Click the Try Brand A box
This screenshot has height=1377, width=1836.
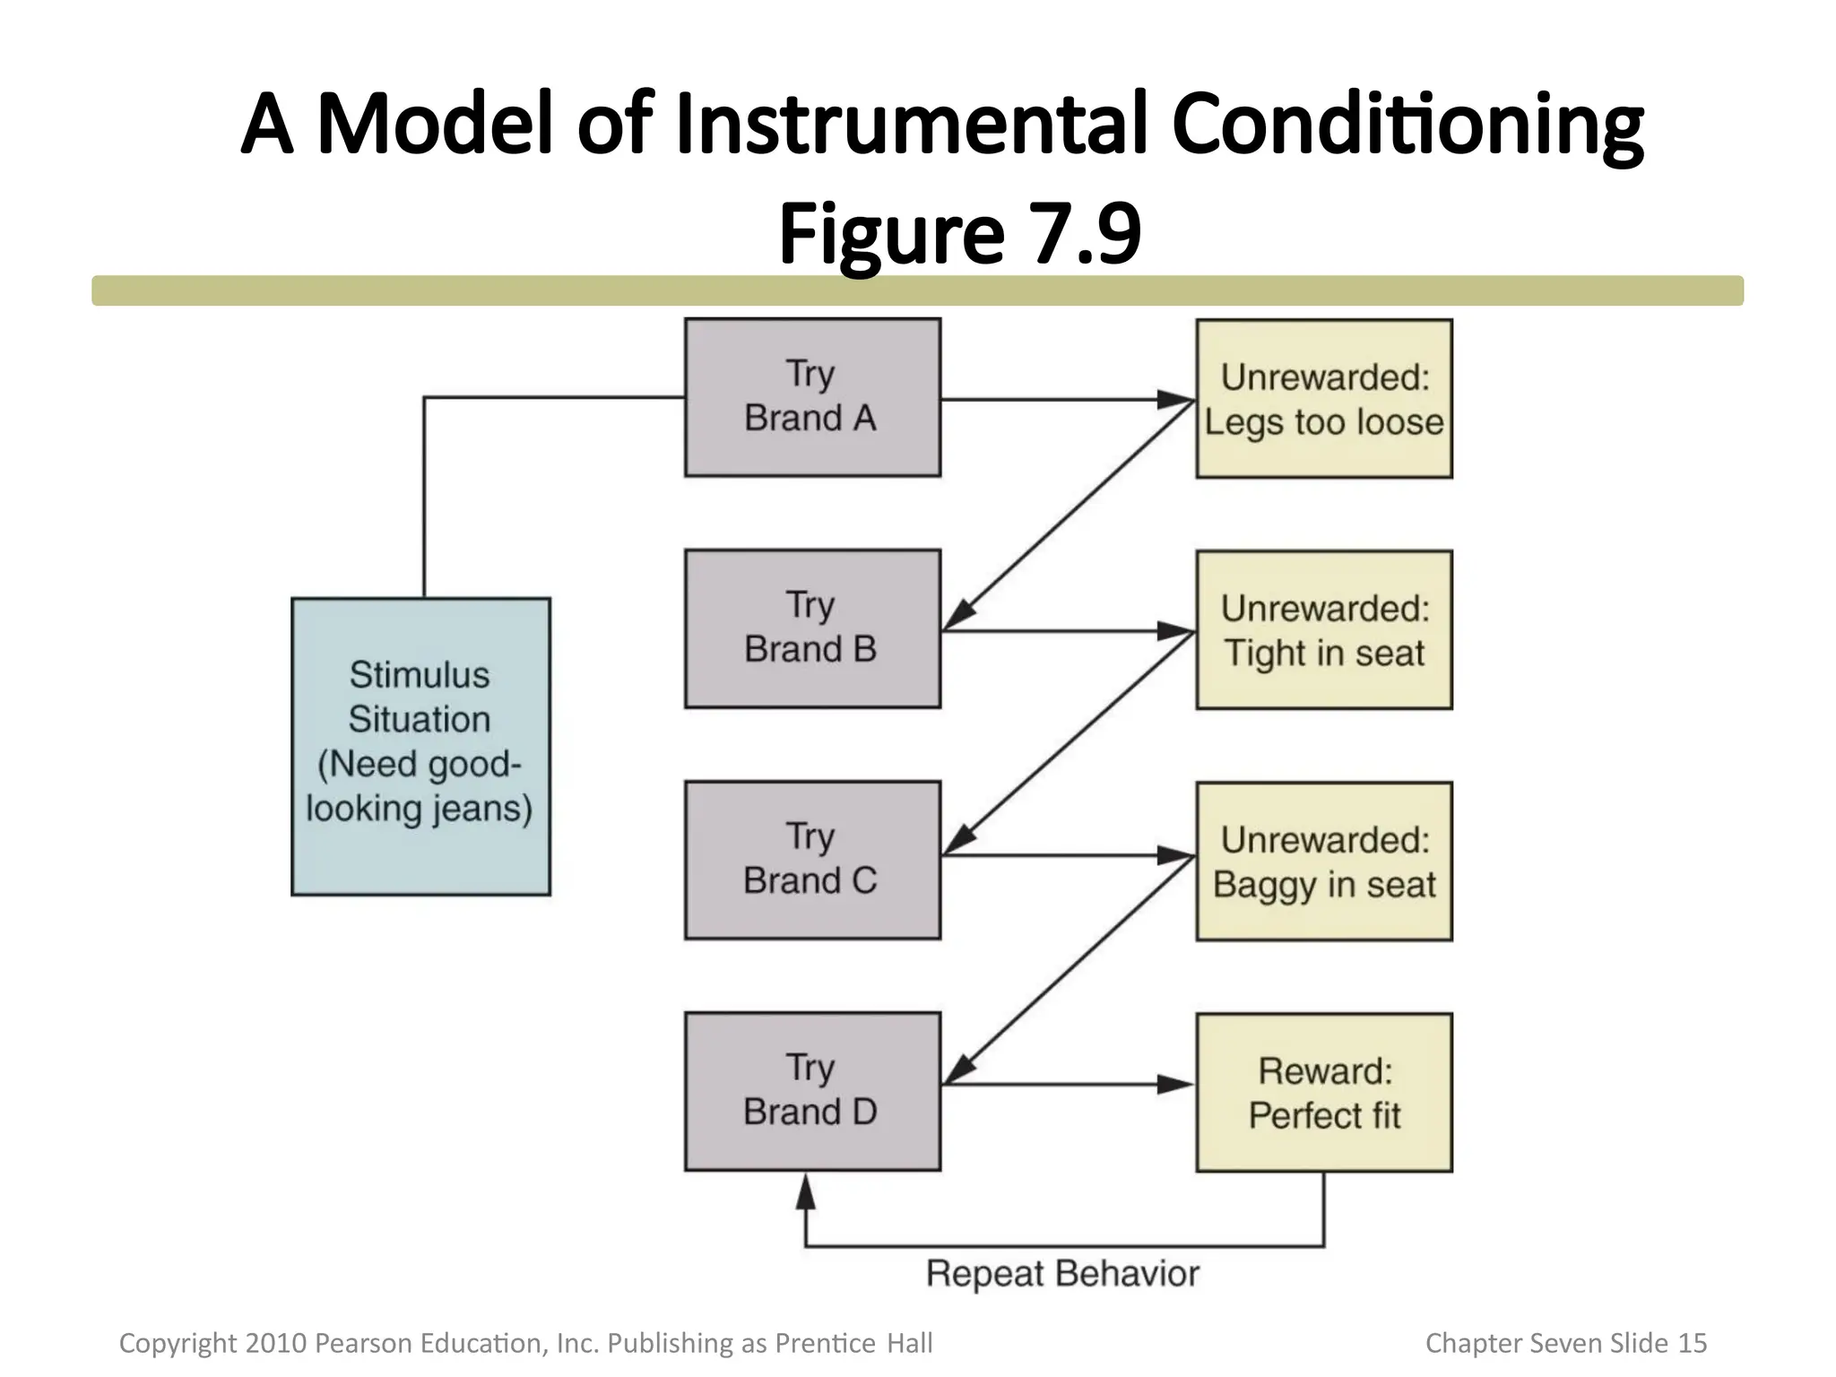[x=812, y=397]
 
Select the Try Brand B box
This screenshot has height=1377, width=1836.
[x=812, y=628]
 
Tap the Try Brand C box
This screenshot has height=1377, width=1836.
[x=812, y=860]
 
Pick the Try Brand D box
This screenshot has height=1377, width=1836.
[x=812, y=1091]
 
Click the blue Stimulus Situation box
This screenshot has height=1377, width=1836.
[x=420, y=746]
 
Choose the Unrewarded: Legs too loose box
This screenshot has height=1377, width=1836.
[x=1323, y=398]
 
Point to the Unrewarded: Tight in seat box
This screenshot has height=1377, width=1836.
[x=1323, y=629]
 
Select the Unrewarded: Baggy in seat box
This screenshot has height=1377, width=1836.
[x=1323, y=861]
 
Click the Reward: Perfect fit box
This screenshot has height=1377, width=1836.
[x=1323, y=1092]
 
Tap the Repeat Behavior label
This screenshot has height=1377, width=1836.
[x=1061, y=1274]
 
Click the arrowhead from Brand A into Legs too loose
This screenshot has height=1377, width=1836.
[x=1175, y=399]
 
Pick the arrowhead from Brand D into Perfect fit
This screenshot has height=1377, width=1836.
[x=1175, y=1085]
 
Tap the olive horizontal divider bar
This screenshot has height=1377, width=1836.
[x=917, y=290]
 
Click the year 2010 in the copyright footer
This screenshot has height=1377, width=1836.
[x=276, y=1343]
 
